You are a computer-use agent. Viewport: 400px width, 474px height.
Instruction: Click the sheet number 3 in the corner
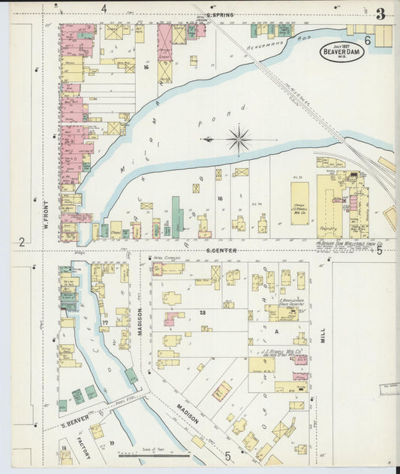[381, 14]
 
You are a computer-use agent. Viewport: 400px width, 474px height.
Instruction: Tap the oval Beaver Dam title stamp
[341, 51]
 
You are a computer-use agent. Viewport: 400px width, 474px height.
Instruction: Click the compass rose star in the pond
[239, 139]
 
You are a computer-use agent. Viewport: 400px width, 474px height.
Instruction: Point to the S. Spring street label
[218, 15]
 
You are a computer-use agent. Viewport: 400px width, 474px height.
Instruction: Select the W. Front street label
[46, 213]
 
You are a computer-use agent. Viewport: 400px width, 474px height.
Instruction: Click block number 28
[202, 311]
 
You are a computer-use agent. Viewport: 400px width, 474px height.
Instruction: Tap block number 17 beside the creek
[106, 323]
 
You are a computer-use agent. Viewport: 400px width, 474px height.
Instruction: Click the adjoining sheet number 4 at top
[104, 8]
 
